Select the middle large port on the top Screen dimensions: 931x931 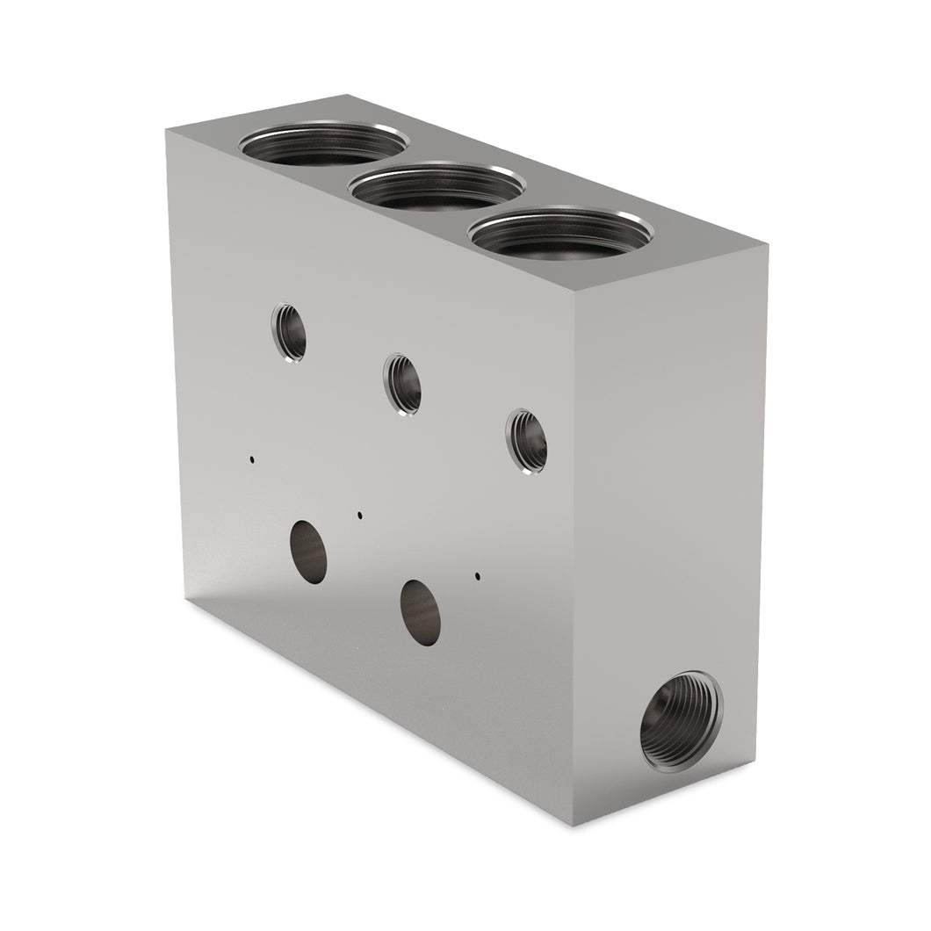[437, 186]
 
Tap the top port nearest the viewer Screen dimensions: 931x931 [559, 232]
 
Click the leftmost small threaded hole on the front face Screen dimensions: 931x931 [289, 331]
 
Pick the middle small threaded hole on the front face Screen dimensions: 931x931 [403, 384]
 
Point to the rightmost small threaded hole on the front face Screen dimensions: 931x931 [527, 442]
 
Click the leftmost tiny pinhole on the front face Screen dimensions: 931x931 [252, 458]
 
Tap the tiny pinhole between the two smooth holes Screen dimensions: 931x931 [360, 516]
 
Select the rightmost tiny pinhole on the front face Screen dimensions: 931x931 [477, 577]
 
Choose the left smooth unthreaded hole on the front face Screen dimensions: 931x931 [308, 550]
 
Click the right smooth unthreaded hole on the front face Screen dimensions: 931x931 [421, 612]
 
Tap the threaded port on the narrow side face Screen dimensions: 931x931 [681, 719]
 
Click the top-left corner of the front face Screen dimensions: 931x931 [167, 128]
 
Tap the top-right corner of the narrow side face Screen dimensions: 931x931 [768, 246]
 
